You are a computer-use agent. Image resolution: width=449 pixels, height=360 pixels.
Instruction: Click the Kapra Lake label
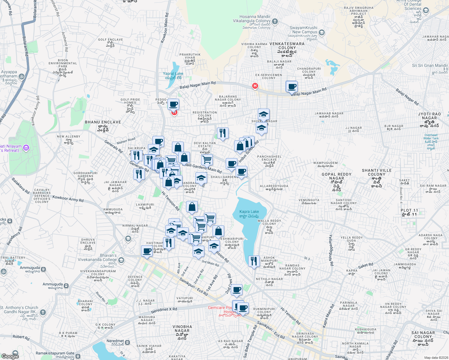[249, 211]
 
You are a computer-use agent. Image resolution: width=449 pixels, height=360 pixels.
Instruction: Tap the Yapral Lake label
[173, 73]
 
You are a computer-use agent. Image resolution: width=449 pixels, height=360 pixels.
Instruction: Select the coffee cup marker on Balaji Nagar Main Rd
[292, 87]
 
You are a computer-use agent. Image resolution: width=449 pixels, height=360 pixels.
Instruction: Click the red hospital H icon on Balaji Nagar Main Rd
[255, 86]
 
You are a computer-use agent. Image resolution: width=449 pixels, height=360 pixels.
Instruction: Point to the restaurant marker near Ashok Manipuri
[254, 261]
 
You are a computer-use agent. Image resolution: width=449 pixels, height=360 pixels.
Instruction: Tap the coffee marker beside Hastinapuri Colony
[147, 251]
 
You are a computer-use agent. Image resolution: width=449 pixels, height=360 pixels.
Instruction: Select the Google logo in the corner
[10, 356]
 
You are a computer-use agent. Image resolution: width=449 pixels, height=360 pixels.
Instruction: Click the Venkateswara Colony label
[287, 46]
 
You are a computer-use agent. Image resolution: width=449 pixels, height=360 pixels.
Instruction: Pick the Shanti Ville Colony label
[377, 172]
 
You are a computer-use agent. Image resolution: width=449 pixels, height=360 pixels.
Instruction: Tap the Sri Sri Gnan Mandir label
[430, 65]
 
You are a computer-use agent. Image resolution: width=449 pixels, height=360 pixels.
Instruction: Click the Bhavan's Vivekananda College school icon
[121, 260]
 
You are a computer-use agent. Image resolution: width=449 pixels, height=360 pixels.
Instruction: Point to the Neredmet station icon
[127, 342]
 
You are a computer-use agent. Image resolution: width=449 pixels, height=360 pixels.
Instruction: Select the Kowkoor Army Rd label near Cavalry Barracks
[68, 199]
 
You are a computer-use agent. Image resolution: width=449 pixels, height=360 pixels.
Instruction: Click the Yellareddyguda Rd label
[331, 250]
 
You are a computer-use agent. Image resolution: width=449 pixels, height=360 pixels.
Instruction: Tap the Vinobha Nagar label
[182, 328]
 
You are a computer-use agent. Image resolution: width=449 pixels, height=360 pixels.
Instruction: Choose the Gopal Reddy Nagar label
[336, 176]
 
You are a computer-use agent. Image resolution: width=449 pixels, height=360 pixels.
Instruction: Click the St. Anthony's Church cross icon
[43, 312]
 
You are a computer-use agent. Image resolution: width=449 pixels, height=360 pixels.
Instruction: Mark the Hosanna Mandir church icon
[275, 21]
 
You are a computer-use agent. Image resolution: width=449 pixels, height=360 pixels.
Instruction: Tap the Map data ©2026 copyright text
[435, 358]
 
